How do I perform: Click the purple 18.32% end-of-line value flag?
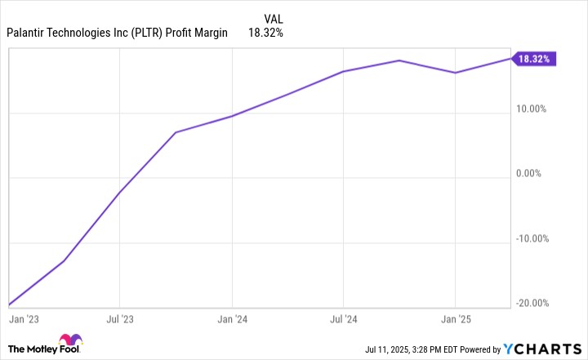(535, 59)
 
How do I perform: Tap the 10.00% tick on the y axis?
(536, 109)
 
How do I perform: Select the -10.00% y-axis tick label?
(535, 238)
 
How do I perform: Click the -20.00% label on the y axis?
(535, 304)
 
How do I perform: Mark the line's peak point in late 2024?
(399, 60)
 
